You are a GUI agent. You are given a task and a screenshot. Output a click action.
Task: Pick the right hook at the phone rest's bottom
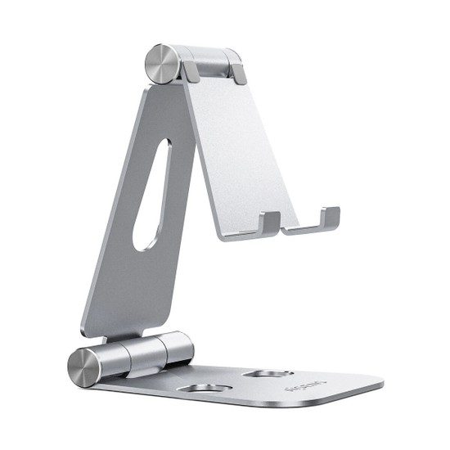(329, 218)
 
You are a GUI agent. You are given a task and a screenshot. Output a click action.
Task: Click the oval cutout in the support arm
(154, 195)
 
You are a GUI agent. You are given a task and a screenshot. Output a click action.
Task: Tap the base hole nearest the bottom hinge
(205, 388)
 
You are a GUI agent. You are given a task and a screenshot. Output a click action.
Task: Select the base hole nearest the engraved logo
(268, 374)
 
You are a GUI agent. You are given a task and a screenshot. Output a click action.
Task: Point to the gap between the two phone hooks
(299, 224)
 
